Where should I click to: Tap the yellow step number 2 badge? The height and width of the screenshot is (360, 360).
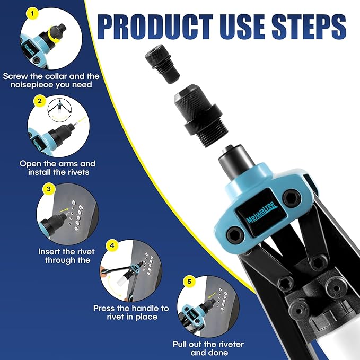click(39, 100)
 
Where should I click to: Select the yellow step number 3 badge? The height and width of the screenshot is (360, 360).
click(49, 188)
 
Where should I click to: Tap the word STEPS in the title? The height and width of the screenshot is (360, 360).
click(310, 26)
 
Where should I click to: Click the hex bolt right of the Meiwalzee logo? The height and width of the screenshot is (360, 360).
click(289, 198)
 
